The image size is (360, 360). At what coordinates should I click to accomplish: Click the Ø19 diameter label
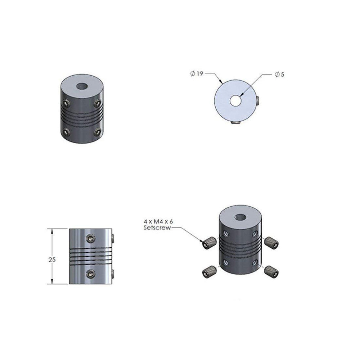[197, 74]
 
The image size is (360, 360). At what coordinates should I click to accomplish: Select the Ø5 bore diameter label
[279, 74]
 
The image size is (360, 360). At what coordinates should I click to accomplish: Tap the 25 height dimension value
[51, 259]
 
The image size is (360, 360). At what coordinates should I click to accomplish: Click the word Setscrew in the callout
[157, 228]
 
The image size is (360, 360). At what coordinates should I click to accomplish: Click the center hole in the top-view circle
[236, 100]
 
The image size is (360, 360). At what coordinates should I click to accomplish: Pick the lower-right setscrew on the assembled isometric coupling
[98, 132]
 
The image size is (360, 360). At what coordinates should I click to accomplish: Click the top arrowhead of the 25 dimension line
[53, 231]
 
